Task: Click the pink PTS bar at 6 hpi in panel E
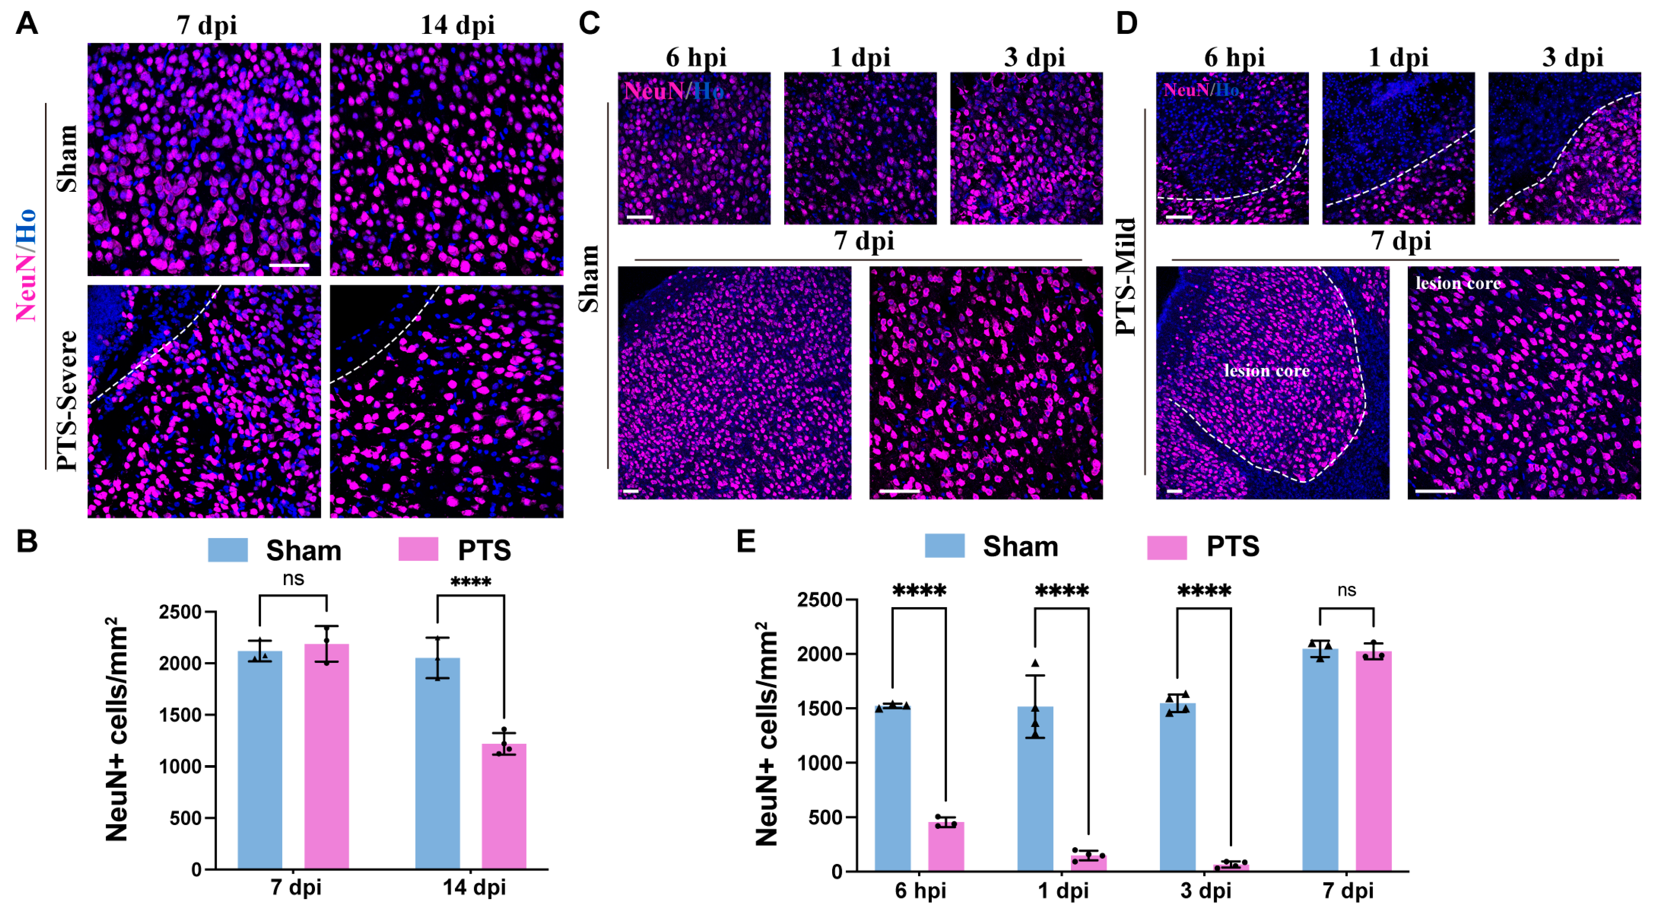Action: tap(945, 846)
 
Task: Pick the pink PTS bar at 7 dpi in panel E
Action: tap(1373, 761)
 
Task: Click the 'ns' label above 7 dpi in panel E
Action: tap(1346, 590)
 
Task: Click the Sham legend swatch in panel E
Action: tap(944, 546)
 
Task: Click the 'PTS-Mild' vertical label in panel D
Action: tap(1126, 277)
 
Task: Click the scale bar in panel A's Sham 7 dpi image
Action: tap(289, 265)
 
